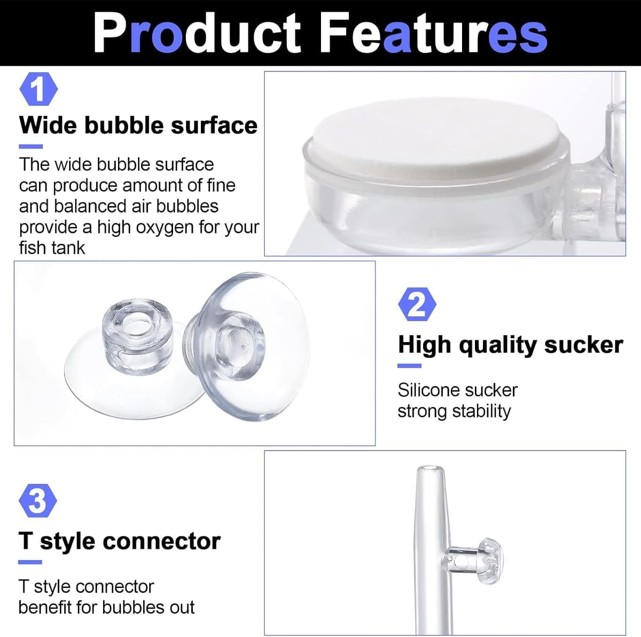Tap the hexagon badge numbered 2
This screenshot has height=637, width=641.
pyautogui.click(x=417, y=305)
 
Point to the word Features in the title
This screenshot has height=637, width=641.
pyautogui.click(x=435, y=33)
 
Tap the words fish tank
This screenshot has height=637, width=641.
pyautogui.click(x=52, y=248)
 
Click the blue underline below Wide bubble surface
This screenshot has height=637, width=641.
pyautogui.click(x=30, y=146)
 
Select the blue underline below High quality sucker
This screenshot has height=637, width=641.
pyautogui.click(x=410, y=366)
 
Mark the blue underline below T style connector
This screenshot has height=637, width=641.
pyautogui.click(x=30, y=562)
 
